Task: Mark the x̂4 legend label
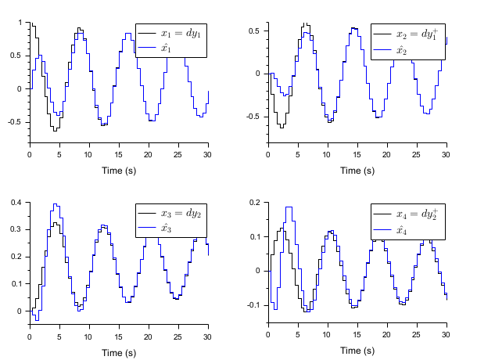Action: (x=402, y=229)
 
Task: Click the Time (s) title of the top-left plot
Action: (x=119, y=171)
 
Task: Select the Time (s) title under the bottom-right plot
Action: (x=357, y=351)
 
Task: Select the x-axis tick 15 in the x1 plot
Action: (x=119, y=153)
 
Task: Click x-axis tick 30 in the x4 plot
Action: (x=446, y=333)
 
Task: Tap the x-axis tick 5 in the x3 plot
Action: (x=59, y=333)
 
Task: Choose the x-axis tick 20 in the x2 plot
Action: (x=386, y=153)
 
